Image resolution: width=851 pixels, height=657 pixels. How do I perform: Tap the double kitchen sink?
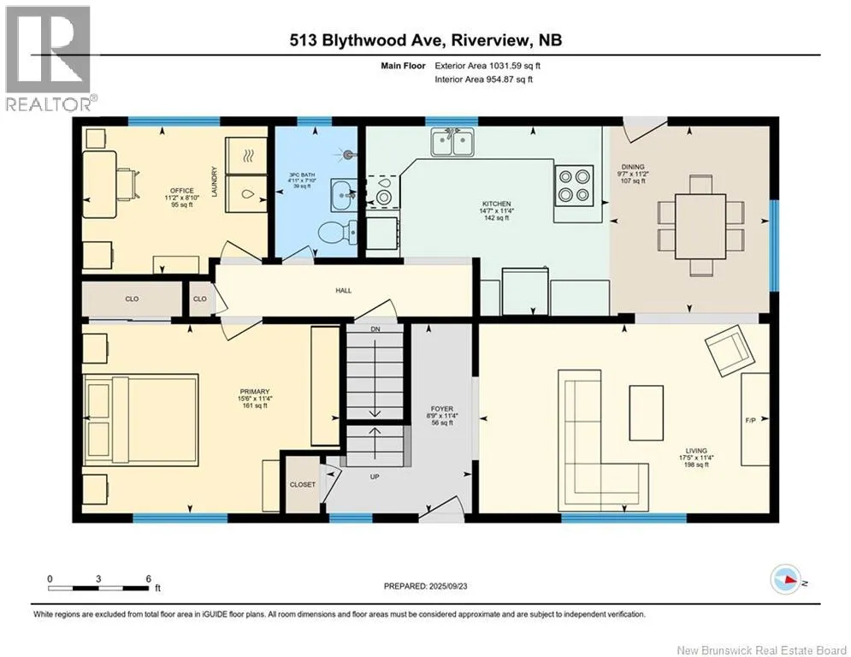click(452, 142)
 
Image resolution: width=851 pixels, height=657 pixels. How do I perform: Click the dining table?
click(700, 226)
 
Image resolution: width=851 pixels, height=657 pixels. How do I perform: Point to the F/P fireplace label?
click(751, 420)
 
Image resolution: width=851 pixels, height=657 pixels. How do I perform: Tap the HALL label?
click(344, 291)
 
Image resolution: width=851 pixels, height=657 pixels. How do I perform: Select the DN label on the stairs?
click(375, 329)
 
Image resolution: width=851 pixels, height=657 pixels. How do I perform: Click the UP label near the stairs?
click(375, 476)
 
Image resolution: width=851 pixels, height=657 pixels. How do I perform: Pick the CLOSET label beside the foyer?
click(302, 484)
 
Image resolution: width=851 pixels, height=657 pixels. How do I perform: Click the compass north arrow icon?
click(786, 579)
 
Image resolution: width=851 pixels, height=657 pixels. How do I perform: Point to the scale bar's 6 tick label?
click(148, 579)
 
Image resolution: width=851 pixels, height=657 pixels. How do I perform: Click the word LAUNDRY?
click(215, 182)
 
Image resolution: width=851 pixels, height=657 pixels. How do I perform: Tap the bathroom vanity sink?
click(344, 192)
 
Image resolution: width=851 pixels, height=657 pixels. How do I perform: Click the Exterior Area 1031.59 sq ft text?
click(488, 66)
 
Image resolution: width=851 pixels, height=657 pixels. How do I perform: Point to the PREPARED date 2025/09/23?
click(448, 586)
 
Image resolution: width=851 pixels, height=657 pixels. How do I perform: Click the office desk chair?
click(128, 184)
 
